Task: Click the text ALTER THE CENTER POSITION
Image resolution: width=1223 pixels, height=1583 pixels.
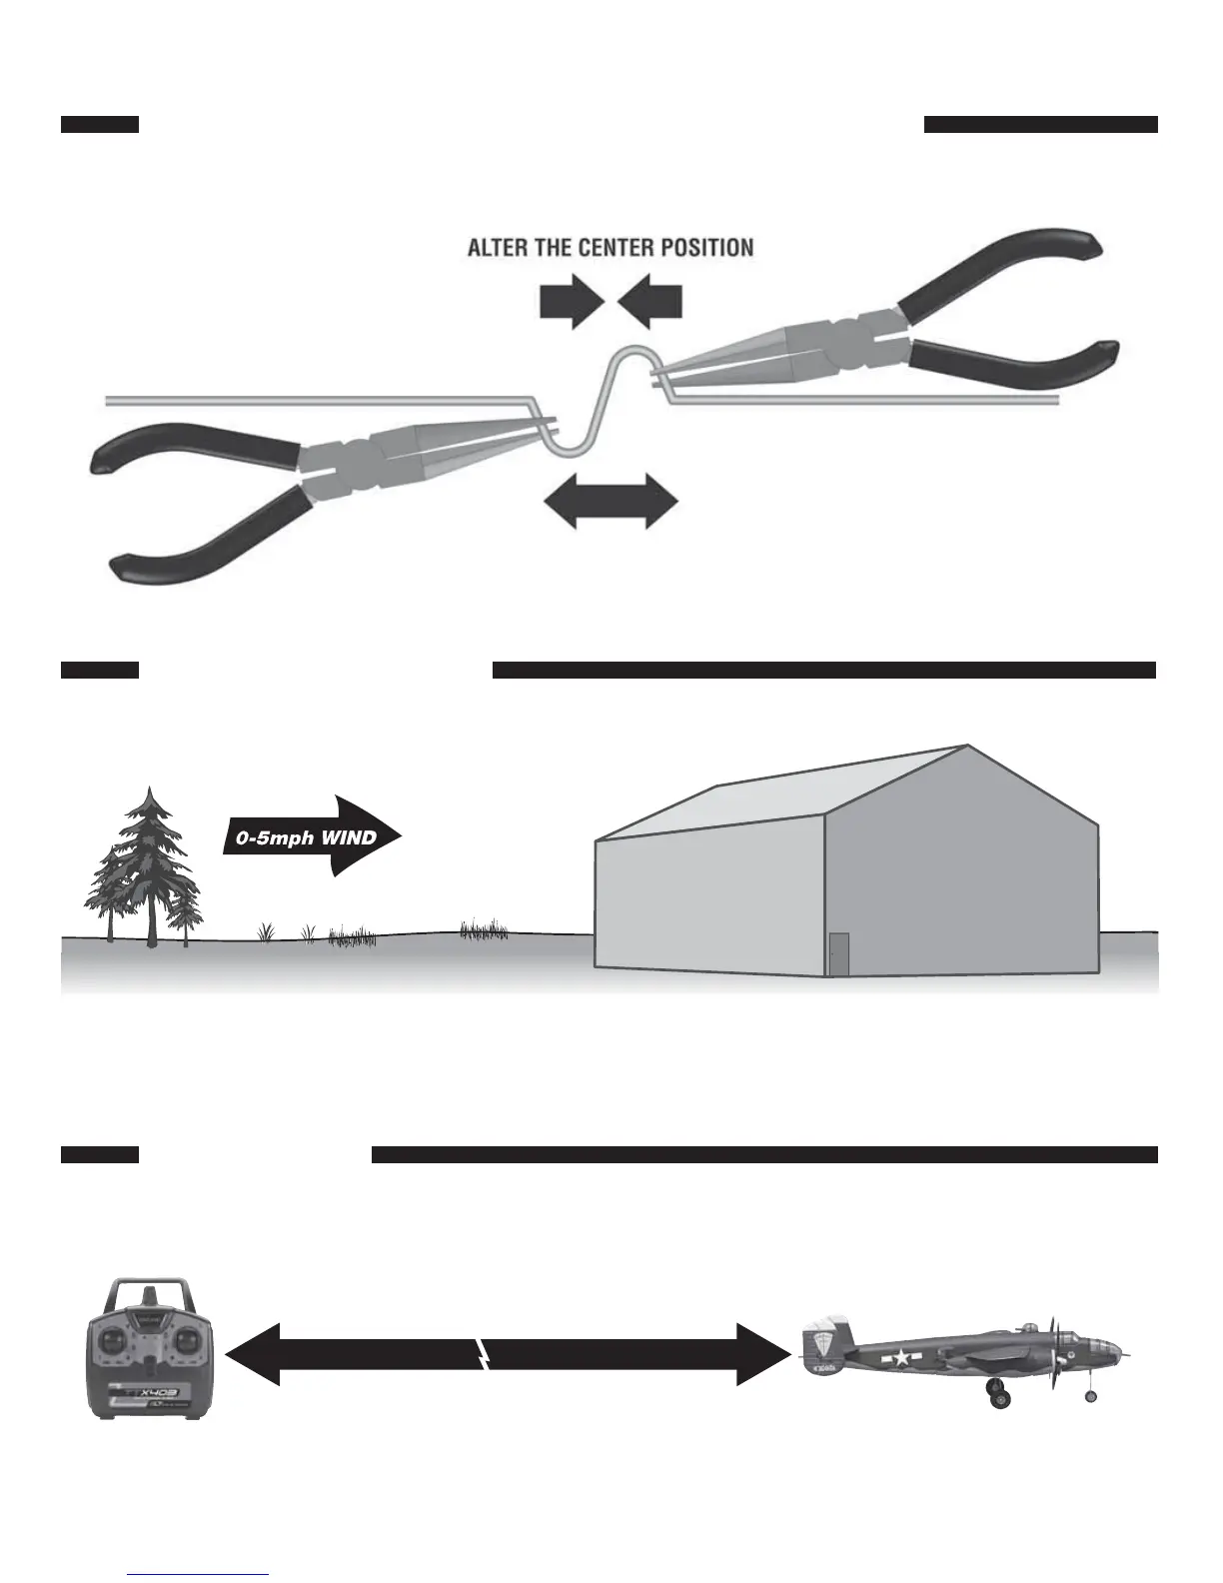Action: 611,248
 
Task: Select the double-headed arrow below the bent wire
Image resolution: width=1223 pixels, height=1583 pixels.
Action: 610,500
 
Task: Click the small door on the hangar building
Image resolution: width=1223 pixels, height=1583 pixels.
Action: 839,953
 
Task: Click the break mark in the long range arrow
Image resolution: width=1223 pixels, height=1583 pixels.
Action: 482,1355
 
